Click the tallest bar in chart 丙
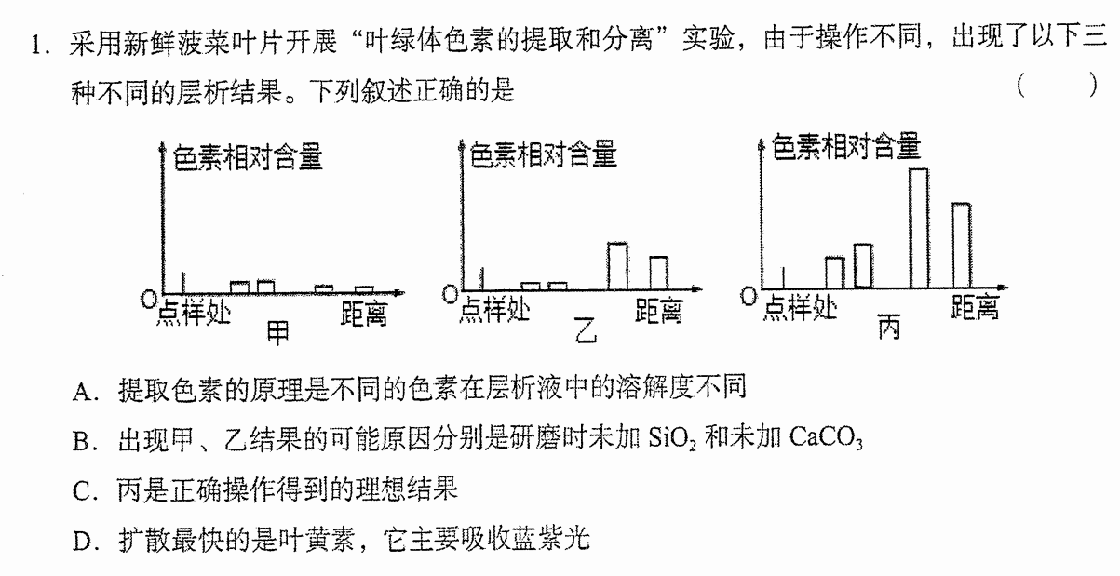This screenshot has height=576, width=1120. (919, 228)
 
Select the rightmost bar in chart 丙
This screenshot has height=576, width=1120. (962, 246)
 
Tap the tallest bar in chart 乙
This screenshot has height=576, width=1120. (617, 266)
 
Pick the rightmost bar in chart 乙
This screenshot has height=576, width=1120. (659, 274)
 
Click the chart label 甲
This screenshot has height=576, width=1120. (278, 333)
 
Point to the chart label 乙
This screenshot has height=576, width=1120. (586, 330)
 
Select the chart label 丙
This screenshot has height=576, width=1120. (889, 327)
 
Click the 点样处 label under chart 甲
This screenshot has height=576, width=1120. (194, 314)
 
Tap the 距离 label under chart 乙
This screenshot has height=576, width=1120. (659, 311)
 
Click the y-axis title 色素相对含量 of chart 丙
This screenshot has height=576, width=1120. (846, 147)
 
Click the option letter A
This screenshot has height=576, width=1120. (83, 392)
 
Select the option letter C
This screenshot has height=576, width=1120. (82, 491)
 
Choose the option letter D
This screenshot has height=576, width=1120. (83, 542)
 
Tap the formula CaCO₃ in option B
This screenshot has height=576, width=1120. (826, 438)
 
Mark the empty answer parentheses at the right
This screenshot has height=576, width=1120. (1058, 86)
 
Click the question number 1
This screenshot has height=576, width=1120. (39, 45)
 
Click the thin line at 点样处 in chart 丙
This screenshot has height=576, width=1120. (783, 277)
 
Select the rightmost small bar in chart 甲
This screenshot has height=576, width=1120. (364, 289)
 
